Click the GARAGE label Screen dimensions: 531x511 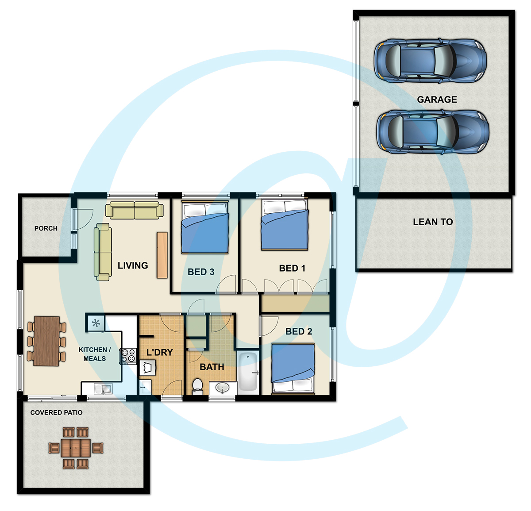click(x=437, y=99)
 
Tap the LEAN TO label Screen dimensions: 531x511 click(x=433, y=222)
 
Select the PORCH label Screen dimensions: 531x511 click(x=46, y=228)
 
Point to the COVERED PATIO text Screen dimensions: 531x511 click(x=56, y=412)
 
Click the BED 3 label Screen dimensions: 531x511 click(x=201, y=272)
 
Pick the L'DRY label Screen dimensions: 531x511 click(x=160, y=352)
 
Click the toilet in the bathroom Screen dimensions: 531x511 click(x=197, y=386)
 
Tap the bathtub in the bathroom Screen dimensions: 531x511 click(x=248, y=372)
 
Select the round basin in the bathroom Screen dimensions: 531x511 click(x=223, y=388)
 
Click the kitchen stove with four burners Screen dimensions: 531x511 click(x=128, y=356)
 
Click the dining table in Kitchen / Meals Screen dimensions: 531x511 click(x=46, y=341)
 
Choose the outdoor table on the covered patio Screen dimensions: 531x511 click(x=76, y=448)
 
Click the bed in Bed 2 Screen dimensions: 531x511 click(x=293, y=369)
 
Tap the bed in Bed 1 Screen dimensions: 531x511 click(x=285, y=224)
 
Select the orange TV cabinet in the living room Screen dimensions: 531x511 click(x=162, y=255)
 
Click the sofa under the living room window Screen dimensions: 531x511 click(x=134, y=210)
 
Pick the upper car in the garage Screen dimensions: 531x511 click(x=430, y=61)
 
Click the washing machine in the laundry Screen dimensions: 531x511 click(x=148, y=368)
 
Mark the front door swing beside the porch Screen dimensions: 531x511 click(x=85, y=220)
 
